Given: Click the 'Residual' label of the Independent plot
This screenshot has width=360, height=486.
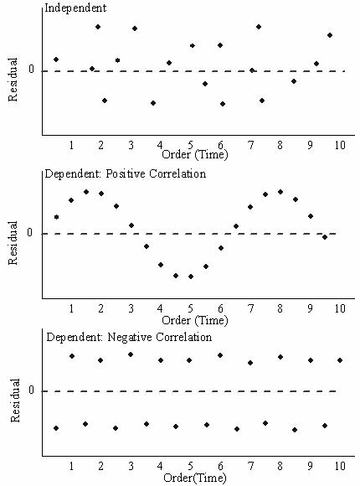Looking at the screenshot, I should (x=13, y=80).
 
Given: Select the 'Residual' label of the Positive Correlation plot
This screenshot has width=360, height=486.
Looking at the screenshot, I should (x=13, y=243).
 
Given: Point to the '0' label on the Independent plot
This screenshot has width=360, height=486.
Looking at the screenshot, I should (x=31, y=70).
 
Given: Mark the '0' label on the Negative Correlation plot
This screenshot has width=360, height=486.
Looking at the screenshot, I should (x=31, y=390).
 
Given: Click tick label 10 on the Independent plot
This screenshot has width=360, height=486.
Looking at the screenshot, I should (x=338, y=145).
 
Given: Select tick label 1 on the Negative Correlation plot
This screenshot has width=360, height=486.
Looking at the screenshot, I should (x=71, y=465).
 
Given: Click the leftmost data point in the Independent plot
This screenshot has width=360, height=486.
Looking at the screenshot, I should (x=56, y=59).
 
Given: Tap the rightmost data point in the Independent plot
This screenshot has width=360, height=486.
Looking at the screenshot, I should (x=330, y=35).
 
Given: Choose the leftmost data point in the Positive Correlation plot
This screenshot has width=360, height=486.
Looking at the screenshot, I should (x=56, y=217).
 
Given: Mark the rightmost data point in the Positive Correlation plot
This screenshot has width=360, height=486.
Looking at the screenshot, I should (x=326, y=237).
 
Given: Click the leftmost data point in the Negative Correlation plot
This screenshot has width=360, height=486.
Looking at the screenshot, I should (x=56, y=428).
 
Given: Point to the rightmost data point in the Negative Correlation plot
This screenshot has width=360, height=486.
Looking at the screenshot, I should (x=340, y=360).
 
